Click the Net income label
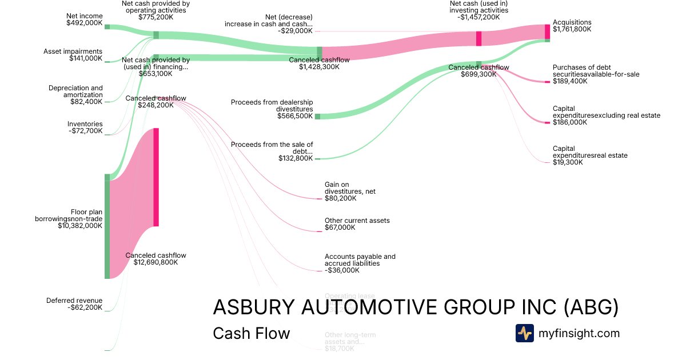click(x=84, y=17)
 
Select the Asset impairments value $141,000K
click(x=86, y=58)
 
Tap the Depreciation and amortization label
click(x=75, y=91)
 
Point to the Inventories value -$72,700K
click(x=85, y=131)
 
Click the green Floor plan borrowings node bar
click(x=107, y=226)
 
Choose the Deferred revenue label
click(x=74, y=301)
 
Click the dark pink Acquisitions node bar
click(x=547, y=31)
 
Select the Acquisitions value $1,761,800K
click(x=572, y=29)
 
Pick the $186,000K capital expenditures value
click(x=570, y=122)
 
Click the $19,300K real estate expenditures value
click(x=568, y=162)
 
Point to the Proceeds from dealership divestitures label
click(x=272, y=106)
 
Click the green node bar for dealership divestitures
click(x=318, y=116)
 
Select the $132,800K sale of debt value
click(x=296, y=158)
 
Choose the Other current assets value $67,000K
click(x=340, y=227)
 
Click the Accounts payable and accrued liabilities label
click(x=360, y=260)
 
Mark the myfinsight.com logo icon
click(x=524, y=333)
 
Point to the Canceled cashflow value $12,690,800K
click(x=155, y=263)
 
